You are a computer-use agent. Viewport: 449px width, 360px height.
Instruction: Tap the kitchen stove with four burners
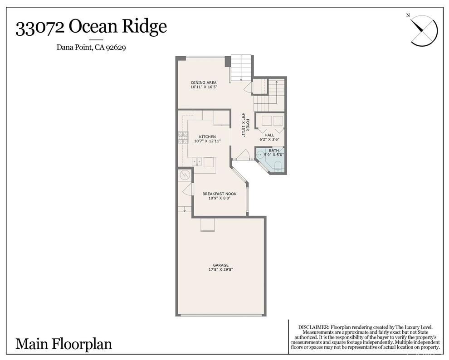183,138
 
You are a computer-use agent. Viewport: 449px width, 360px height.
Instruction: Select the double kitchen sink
197,161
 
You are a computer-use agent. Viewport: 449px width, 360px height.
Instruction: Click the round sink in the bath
260,155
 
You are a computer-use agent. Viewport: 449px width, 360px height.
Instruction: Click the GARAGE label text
221,265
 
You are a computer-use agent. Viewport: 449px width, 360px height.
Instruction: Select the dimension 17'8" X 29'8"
221,270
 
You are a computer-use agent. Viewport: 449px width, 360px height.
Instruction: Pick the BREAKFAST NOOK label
219,194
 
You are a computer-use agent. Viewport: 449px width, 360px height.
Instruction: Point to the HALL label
269,135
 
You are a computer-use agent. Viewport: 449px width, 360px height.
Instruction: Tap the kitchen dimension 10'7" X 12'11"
207,141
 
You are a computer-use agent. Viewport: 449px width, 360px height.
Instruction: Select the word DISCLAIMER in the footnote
313,327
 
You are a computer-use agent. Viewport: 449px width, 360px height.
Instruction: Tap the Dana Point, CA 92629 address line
91,47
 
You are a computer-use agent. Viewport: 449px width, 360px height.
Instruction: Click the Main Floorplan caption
63,343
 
